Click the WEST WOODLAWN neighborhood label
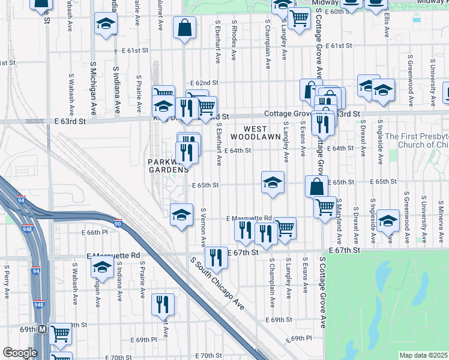click(x=263, y=133)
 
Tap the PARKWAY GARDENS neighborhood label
click(x=166, y=166)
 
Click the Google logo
click(x=20, y=353)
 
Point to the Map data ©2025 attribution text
click(x=424, y=355)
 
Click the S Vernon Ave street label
click(x=203, y=227)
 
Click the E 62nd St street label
click(x=204, y=82)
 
